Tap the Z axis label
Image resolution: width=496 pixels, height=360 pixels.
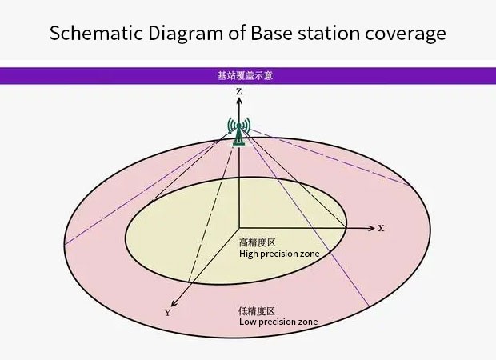(x=239, y=93)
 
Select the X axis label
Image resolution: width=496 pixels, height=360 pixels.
(x=381, y=228)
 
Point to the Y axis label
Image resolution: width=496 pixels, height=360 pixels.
(x=167, y=313)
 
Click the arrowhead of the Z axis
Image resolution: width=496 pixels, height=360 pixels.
(x=239, y=102)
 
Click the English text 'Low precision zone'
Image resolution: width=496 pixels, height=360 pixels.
(x=278, y=322)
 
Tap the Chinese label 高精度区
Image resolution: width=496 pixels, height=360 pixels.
(x=257, y=242)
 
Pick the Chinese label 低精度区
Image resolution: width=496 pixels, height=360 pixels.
(x=256, y=310)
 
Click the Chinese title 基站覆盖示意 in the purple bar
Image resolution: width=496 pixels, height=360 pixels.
(x=247, y=76)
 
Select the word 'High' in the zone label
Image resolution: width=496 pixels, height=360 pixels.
(x=250, y=254)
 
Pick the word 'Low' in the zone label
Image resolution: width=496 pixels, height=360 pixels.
(x=248, y=322)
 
